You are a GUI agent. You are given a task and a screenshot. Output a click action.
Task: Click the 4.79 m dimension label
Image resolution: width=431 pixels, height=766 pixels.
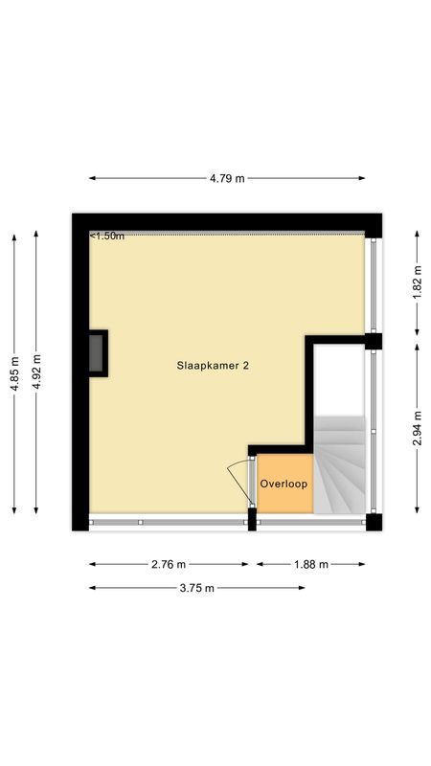click(x=227, y=178)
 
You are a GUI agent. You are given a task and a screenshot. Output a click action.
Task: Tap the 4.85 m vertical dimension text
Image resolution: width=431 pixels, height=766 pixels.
click(x=13, y=373)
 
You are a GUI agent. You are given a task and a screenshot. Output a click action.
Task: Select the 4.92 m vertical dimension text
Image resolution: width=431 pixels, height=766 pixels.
click(x=36, y=372)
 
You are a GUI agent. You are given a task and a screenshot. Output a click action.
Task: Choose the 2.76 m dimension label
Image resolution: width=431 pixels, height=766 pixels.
click(x=169, y=564)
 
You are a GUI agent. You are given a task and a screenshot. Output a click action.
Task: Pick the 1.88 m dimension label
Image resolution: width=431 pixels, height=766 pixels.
click(x=310, y=564)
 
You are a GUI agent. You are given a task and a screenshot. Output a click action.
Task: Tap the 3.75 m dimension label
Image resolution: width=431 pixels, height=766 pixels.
click(x=197, y=587)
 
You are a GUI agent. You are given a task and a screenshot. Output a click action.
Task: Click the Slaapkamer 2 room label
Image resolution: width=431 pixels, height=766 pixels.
click(x=213, y=365)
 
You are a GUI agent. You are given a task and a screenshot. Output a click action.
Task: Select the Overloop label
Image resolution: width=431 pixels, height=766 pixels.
click(x=284, y=484)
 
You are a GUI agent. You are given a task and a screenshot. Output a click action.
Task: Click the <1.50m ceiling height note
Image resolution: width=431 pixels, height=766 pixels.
click(x=108, y=236)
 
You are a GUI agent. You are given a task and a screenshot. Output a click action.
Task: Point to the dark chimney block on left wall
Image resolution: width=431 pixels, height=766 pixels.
click(x=98, y=353)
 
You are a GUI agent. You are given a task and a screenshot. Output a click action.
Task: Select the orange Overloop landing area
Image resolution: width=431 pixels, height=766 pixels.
click(x=284, y=498)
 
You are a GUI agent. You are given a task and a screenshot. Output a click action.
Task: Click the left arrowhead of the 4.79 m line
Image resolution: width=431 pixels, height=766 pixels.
click(x=92, y=178)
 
